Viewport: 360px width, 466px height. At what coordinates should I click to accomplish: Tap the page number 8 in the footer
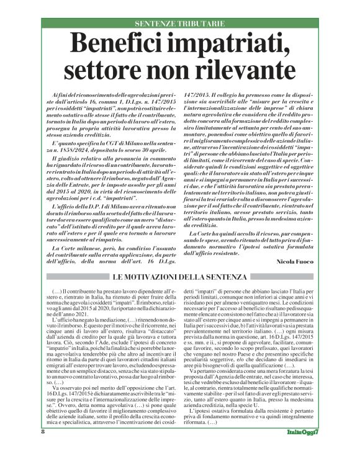click(x=25, y=449)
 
